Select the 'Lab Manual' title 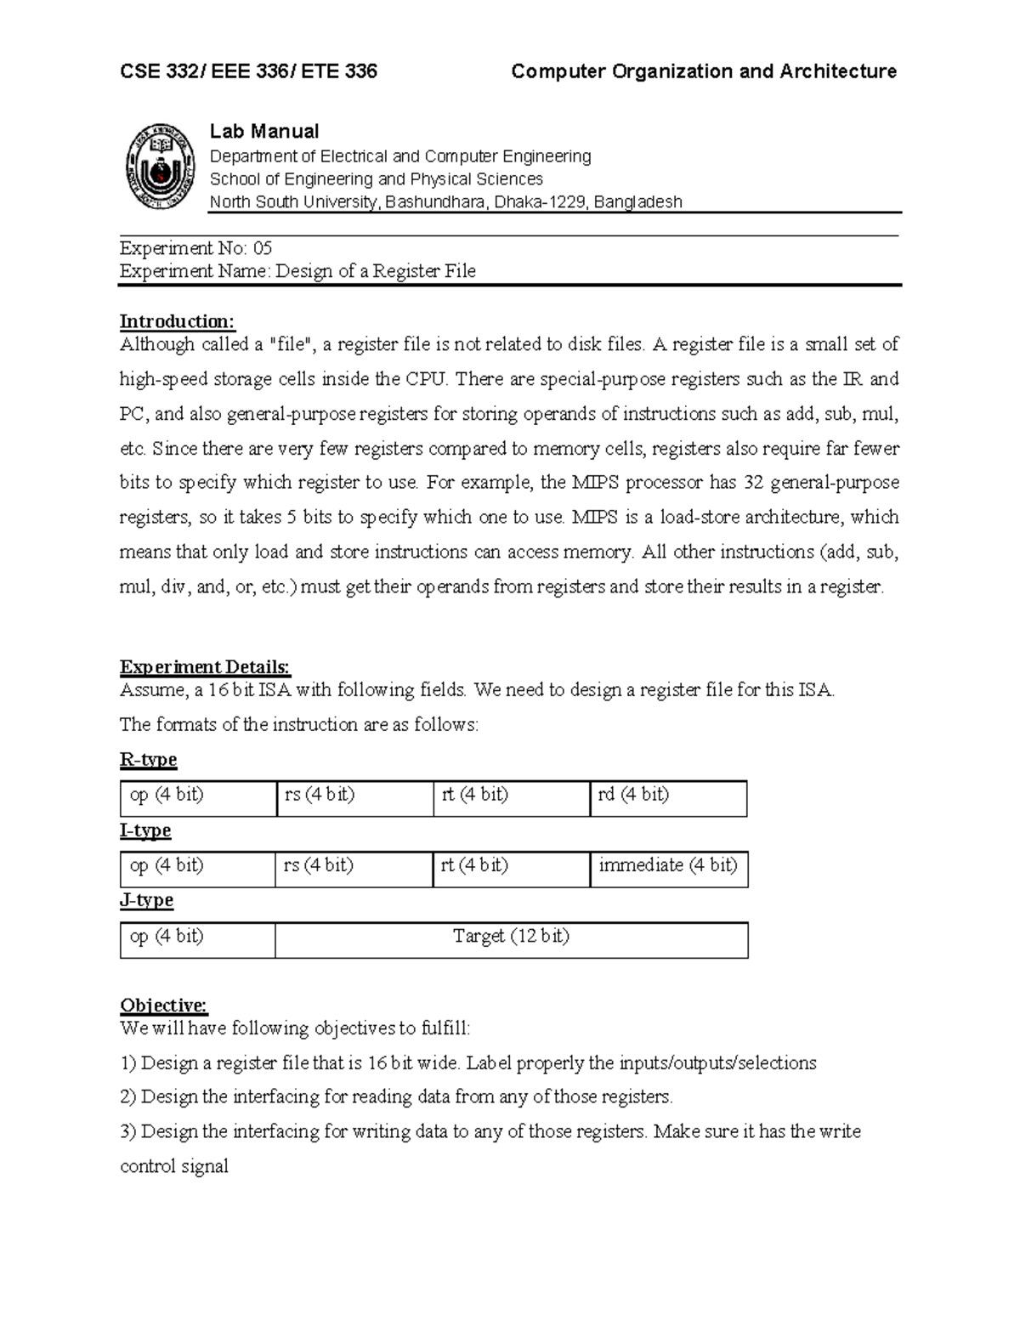click(263, 131)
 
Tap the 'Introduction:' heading click(177, 321)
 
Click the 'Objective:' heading click(163, 1006)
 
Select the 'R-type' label click(149, 760)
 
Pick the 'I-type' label click(145, 830)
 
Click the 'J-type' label click(146, 900)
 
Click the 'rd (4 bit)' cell click(667, 798)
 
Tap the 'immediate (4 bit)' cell click(668, 869)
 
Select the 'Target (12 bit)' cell click(511, 939)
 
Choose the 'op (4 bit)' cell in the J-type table click(197, 939)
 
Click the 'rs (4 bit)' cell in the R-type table click(354, 798)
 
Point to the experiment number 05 click(262, 248)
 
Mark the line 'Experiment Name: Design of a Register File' click(297, 271)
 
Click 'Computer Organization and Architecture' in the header click(703, 71)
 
